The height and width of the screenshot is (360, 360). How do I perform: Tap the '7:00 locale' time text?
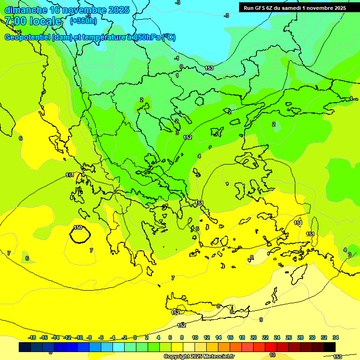click(x=33, y=21)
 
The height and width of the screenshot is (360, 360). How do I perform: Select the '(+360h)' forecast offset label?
click(x=83, y=21)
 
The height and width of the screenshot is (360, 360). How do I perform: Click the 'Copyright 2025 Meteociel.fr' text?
click(x=199, y=356)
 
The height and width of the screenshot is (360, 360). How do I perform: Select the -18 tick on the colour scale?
click(x=32, y=337)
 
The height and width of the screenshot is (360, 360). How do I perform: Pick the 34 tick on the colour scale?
click(x=336, y=337)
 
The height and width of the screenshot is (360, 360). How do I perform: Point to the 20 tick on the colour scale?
click(x=254, y=337)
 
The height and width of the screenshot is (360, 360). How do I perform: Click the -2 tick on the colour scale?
click(x=124, y=337)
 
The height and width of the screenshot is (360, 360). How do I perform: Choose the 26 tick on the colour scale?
click(x=289, y=337)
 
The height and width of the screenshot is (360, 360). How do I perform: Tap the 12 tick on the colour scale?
click(x=207, y=337)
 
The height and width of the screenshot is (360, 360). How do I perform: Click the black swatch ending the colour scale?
click(x=330, y=347)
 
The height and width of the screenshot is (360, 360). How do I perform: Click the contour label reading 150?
click(x=78, y=227)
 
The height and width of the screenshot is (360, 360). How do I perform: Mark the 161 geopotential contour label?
click(x=69, y=175)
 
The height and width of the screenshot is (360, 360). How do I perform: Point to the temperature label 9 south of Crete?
click(x=261, y=320)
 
